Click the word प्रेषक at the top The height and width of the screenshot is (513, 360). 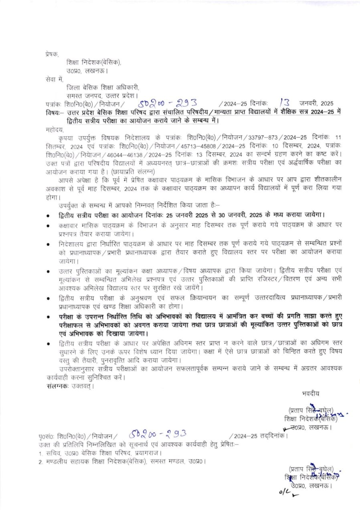click(x=52, y=53)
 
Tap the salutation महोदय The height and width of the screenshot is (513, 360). click(x=54, y=130)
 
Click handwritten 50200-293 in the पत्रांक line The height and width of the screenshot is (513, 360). click(x=164, y=103)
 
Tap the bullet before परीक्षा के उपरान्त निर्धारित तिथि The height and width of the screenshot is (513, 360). click(x=48, y=317)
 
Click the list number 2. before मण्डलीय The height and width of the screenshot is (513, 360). click(x=41, y=462)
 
